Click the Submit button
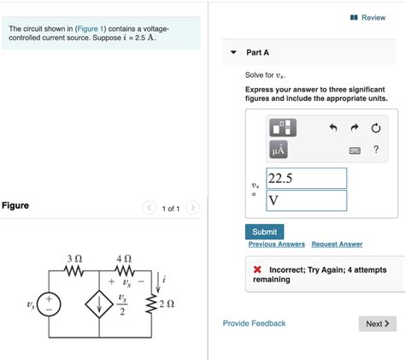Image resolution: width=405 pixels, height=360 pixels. pyautogui.click(x=264, y=232)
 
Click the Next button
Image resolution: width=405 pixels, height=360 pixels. pyautogui.click(x=377, y=323)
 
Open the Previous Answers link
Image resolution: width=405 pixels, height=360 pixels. pyautogui.click(x=277, y=245)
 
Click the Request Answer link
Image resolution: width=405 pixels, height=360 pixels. pyautogui.click(x=337, y=245)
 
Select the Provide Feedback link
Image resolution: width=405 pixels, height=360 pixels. pyautogui.click(x=254, y=323)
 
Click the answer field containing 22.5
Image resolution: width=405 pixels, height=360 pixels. pyautogui.click(x=306, y=178)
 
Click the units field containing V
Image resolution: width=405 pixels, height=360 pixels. pyautogui.click(x=306, y=200)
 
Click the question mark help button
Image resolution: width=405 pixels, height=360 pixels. pyautogui.click(x=375, y=150)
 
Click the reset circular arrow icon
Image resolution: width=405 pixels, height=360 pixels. pyautogui.click(x=375, y=128)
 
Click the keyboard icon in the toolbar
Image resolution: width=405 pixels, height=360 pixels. pyautogui.click(x=355, y=151)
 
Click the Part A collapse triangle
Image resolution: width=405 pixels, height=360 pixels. pyautogui.click(x=232, y=52)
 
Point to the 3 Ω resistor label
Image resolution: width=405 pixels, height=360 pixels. pyautogui.click(x=74, y=257)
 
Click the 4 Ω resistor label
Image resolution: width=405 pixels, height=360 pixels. pyautogui.click(x=124, y=257)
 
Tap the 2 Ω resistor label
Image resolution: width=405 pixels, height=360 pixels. pyautogui.click(x=166, y=304)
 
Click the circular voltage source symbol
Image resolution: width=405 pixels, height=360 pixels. pyautogui.click(x=50, y=304)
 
